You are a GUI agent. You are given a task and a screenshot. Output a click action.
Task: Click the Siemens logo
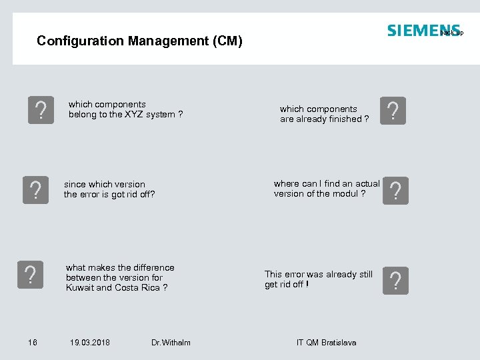423,31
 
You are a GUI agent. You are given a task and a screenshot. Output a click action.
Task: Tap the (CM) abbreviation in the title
227,41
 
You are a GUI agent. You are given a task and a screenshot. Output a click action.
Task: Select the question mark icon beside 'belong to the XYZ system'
41,110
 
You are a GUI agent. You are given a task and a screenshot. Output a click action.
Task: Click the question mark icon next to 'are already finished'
392,111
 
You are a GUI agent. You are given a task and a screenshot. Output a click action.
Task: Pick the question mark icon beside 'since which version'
35,190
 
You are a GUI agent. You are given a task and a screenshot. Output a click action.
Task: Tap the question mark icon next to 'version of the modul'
395,191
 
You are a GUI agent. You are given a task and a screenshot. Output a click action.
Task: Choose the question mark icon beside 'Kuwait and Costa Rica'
29,274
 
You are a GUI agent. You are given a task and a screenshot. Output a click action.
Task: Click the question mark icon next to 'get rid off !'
395,281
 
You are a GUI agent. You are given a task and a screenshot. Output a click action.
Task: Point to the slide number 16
33,343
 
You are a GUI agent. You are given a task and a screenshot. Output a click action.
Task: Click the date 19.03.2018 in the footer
90,343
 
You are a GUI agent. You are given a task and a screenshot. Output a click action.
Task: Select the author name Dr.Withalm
171,343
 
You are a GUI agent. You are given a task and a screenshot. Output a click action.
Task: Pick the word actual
367,184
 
